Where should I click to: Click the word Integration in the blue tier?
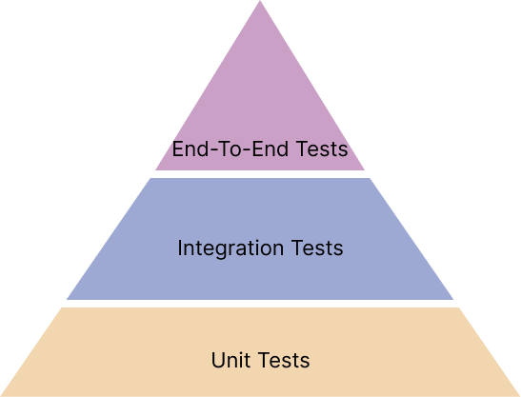click(x=230, y=248)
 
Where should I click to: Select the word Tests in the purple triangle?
click(x=322, y=149)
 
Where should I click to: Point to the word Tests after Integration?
click(x=317, y=248)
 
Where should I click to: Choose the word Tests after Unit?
click(x=284, y=360)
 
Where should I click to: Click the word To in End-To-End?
click(x=230, y=149)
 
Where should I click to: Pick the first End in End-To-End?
click(x=190, y=149)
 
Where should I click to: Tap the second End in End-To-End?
click(x=271, y=149)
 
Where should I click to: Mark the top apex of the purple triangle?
click(x=260, y=1)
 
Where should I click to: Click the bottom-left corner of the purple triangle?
click(x=155, y=170)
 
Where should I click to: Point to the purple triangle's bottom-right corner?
click(x=365, y=170)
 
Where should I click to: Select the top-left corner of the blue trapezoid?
click(x=150, y=178)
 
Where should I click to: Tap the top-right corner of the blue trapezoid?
click(x=370, y=178)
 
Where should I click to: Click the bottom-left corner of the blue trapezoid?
click(x=67, y=300)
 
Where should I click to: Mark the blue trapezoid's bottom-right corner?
click(x=453, y=300)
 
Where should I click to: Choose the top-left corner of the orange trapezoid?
click(x=61, y=308)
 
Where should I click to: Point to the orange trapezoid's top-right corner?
click(x=459, y=308)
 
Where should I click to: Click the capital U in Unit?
click(x=217, y=360)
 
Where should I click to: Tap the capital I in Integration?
click(x=180, y=248)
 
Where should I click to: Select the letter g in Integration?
click(x=216, y=251)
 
